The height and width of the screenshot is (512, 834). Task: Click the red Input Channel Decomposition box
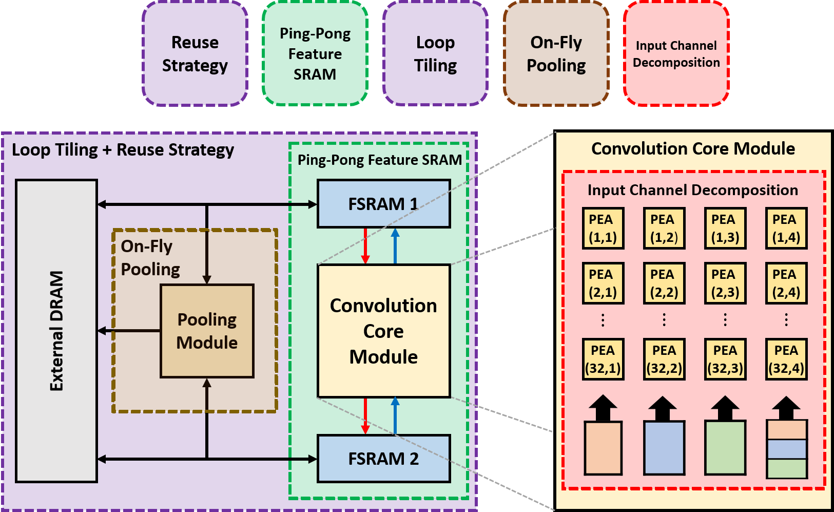676,54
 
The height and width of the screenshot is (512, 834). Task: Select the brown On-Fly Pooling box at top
556,54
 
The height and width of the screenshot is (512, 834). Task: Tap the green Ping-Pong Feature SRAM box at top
315,54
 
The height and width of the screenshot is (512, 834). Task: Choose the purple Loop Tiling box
435,54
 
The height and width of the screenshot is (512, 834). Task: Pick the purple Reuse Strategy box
195,54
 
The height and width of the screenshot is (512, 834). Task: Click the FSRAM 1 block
383,204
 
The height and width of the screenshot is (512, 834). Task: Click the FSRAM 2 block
383,459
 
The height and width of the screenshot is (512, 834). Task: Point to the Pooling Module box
207,331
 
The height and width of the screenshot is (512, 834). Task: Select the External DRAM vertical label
56,331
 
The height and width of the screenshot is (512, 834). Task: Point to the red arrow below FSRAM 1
365,246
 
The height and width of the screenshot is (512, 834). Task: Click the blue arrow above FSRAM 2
395,415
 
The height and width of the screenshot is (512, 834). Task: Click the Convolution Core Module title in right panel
693,149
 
